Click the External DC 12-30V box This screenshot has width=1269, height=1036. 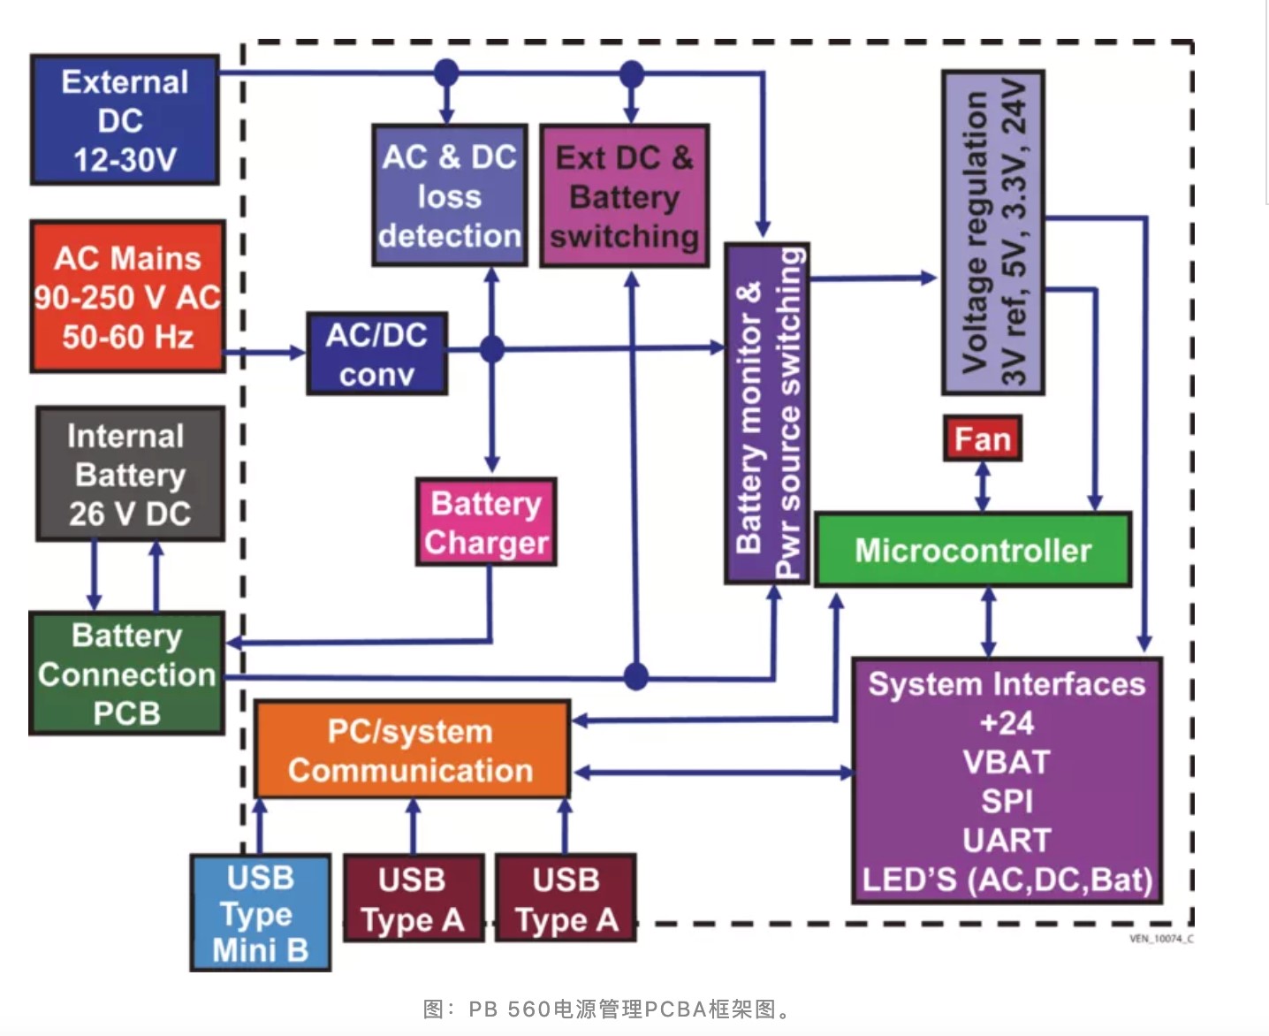[125, 119]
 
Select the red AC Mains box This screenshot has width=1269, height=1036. [127, 297]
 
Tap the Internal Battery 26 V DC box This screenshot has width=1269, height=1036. [130, 474]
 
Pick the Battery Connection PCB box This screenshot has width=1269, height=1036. [126, 674]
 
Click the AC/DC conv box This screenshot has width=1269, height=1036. [376, 354]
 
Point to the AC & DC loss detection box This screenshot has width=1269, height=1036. [449, 195]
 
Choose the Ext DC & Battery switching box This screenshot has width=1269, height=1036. [624, 196]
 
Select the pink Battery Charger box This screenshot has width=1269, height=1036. [486, 522]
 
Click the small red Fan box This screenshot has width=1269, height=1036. [982, 438]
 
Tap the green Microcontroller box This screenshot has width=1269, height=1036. [972, 550]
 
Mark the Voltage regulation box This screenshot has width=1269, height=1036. [992, 232]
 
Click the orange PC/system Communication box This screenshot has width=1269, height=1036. [412, 750]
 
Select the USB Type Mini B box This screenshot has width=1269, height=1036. [260, 912]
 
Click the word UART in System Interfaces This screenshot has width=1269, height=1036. [1007, 840]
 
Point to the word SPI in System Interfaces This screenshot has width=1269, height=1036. [1007, 801]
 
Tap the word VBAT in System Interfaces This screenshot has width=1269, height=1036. [1007, 762]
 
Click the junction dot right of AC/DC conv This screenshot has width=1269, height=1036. [492, 349]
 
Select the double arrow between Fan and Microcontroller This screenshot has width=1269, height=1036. [982, 486]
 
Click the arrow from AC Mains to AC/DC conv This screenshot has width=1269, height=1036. [265, 353]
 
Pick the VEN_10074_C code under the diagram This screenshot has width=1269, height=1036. [1160, 939]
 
